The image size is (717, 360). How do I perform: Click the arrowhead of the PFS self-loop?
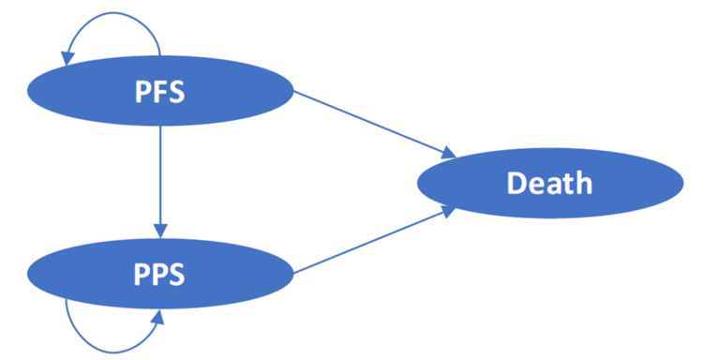[x=67, y=58]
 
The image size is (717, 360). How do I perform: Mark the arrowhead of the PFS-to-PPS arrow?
[x=161, y=230]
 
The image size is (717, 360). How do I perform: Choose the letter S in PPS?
[x=174, y=274]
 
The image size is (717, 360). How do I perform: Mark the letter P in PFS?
[x=139, y=92]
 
